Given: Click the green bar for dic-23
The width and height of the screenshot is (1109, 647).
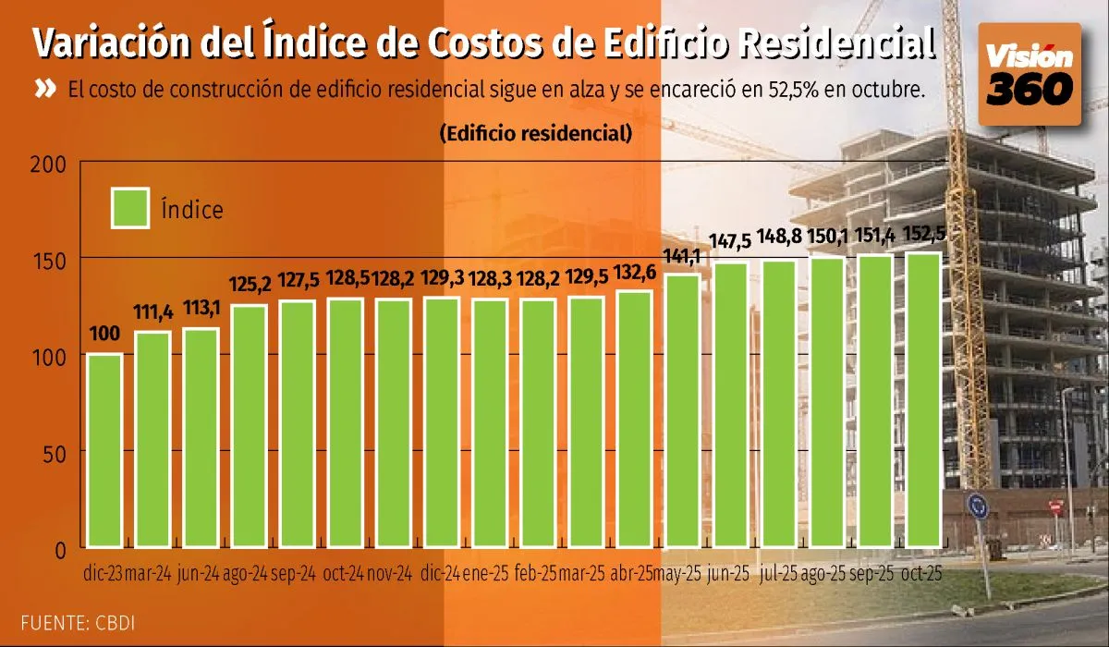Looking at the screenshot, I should pyautogui.click(x=105, y=450).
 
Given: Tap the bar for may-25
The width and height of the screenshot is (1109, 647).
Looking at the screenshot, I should pyautogui.click(x=682, y=410).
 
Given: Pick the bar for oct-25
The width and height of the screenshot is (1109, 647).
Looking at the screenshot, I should pyautogui.click(x=922, y=399).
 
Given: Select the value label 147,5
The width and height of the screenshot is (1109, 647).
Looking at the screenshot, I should pyautogui.click(x=730, y=242).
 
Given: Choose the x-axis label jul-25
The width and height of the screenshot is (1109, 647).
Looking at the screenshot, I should pyautogui.click(x=778, y=574).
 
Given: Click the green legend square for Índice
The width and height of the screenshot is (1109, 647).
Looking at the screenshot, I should pyautogui.click(x=129, y=209).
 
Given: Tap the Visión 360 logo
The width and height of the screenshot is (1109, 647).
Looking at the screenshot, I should pyautogui.click(x=1030, y=75).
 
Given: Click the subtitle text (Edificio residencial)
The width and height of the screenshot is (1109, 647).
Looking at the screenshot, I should pyautogui.click(x=536, y=133).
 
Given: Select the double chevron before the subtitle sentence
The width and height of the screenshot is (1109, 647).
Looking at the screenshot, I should pyautogui.click(x=45, y=90).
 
